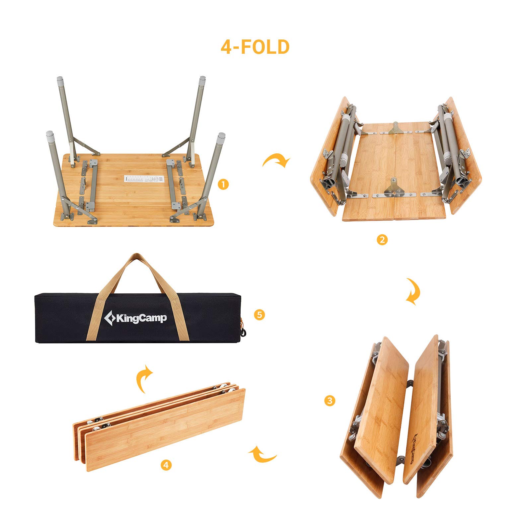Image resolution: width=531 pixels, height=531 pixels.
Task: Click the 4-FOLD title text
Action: point(255,47)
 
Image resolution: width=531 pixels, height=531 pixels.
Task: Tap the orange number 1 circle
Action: point(224,184)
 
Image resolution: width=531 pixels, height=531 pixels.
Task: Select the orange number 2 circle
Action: point(382,239)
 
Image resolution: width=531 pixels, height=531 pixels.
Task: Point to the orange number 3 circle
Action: point(330,401)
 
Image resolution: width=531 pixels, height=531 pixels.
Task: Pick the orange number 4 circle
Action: point(166,465)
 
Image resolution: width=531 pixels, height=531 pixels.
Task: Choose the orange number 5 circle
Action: point(259,314)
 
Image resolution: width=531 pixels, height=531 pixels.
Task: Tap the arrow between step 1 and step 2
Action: point(276,160)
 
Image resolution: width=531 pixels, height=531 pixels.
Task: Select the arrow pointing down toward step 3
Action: point(414,291)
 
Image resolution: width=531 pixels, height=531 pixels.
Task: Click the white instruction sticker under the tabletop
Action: point(144,179)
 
